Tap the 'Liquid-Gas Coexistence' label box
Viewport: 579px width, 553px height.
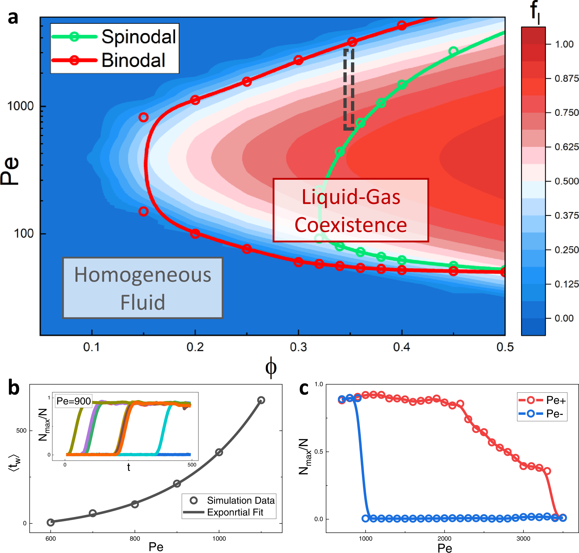(x=351, y=210)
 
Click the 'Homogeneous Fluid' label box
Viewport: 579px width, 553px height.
(x=143, y=288)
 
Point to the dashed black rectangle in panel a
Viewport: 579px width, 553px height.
(x=349, y=89)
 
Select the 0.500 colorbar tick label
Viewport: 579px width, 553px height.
(x=566, y=181)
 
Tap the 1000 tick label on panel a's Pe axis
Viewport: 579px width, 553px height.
(x=20, y=106)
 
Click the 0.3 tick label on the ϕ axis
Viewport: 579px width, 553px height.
(x=298, y=347)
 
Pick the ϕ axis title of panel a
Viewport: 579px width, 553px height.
(x=271, y=367)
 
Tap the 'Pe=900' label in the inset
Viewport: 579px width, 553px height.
(x=74, y=401)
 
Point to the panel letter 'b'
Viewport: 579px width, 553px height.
(x=14, y=388)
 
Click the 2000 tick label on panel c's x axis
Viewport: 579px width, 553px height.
(x=444, y=539)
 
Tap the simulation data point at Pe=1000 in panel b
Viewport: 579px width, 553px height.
(x=219, y=452)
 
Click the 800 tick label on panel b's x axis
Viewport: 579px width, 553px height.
(x=135, y=539)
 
